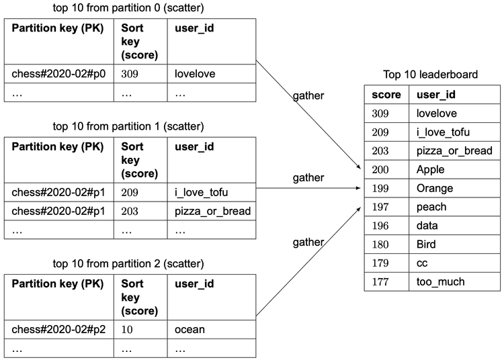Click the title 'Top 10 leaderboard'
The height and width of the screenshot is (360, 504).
(x=430, y=74)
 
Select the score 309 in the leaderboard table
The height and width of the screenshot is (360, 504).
(x=380, y=114)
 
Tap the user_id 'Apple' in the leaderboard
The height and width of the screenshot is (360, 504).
(x=430, y=170)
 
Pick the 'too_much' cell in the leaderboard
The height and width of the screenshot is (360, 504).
(x=440, y=281)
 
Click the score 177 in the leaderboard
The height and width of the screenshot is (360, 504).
(x=380, y=281)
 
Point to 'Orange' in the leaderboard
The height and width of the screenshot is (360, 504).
(x=434, y=188)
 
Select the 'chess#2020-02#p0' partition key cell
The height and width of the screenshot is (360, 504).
(x=58, y=74)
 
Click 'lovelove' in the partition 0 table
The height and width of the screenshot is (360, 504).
(x=195, y=74)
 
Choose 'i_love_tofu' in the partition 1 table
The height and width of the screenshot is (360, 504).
(x=201, y=193)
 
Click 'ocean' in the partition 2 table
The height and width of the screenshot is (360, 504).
(x=190, y=329)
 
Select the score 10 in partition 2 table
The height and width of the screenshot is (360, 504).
(x=127, y=329)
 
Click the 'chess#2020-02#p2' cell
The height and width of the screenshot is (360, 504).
(x=58, y=329)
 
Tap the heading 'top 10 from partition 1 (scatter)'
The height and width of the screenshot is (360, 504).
(x=128, y=126)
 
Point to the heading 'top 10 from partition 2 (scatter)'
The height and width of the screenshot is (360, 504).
(x=128, y=263)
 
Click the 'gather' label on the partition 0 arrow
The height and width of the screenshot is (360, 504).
(x=308, y=95)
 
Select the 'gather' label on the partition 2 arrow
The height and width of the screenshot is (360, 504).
(x=308, y=242)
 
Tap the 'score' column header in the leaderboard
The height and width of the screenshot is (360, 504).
(x=386, y=95)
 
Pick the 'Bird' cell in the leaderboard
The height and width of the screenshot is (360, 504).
(x=427, y=244)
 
